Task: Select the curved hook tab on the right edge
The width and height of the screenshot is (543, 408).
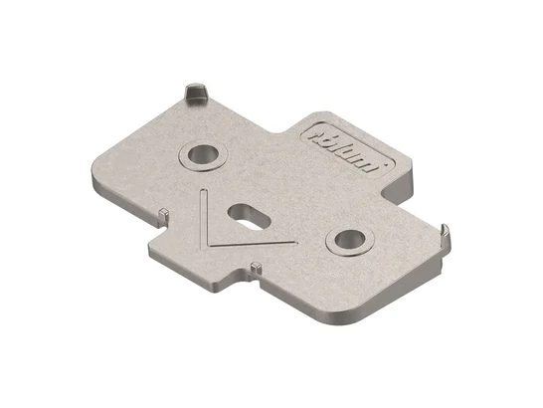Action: pyautogui.click(x=445, y=235)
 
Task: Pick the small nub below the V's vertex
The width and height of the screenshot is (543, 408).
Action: pyautogui.click(x=256, y=267)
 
